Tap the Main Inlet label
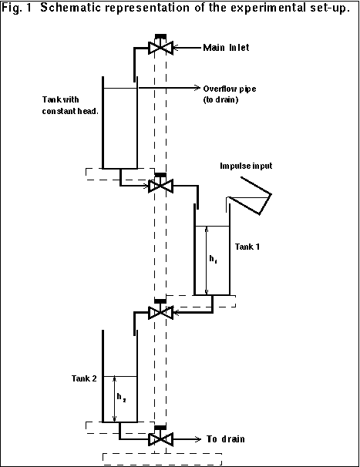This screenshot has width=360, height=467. pos(226,48)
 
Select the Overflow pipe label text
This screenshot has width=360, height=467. pos(230,89)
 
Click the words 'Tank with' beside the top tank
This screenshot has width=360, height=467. pos(60,99)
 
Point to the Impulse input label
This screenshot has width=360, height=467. pos(246,166)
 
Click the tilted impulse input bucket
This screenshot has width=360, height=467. pos(250,196)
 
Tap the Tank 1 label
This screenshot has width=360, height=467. pos(247,247)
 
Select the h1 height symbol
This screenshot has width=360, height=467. pos(213,259)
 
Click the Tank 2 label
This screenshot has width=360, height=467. pos(84,378)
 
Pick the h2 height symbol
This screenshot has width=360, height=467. pos(121,398)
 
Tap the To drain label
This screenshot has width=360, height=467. pos(226,439)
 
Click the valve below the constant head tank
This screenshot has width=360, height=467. pos(160,183)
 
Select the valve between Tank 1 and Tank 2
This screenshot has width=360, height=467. pos(160,310)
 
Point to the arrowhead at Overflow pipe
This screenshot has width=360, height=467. pos(197,88)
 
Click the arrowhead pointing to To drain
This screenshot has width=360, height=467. pos(198,439)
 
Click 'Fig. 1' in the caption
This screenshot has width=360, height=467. pos(17,8)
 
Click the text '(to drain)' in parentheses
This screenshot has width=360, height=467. pos(220,99)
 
